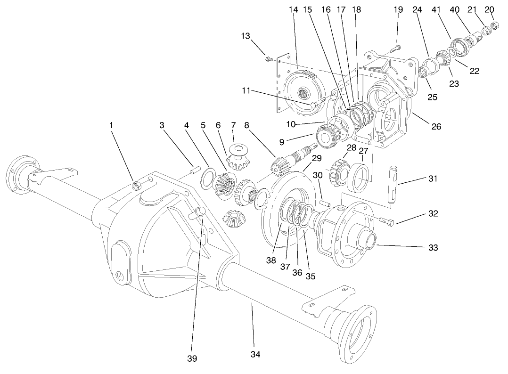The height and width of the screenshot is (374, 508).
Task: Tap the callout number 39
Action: tap(191, 358)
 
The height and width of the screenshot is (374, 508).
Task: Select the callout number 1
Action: tap(111, 125)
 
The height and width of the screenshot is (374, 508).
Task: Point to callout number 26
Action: tap(436, 127)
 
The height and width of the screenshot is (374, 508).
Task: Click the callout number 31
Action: tap(433, 179)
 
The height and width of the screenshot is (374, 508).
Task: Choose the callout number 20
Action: tap(490, 10)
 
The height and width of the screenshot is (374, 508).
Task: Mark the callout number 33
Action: tap(433, 247)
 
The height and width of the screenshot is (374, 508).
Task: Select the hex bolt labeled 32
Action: tap(385, 220)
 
